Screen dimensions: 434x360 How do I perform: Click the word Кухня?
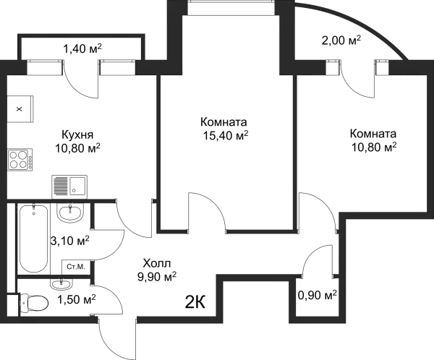point(77,134)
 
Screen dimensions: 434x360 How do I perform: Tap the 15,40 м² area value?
point(226,135)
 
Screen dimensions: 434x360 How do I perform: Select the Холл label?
point(157,263)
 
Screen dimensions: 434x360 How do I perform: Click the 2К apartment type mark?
point(195,302)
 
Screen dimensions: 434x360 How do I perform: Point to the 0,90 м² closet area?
point(318,296)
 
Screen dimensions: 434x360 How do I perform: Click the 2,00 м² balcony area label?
point(341,40)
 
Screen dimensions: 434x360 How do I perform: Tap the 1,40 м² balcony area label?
point(82,49)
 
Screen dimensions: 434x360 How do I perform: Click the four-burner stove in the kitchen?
point(20,160)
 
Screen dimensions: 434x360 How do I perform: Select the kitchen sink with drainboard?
point(69,187)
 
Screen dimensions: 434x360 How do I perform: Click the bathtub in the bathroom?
point(33,238)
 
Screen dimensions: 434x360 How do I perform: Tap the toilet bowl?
point(33,302)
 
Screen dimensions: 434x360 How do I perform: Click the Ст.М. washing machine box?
point(76,267)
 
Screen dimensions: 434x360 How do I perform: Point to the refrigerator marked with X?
point(20,109)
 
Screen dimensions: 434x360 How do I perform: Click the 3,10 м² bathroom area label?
point(69,241)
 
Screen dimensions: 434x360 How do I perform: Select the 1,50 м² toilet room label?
point(77,299)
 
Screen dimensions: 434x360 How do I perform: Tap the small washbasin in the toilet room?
point(61,283)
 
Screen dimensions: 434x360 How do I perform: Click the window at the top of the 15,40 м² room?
point(231,8)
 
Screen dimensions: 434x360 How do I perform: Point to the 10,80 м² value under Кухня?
point(78,149)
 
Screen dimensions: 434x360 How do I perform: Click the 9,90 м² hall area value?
point(157,276)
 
